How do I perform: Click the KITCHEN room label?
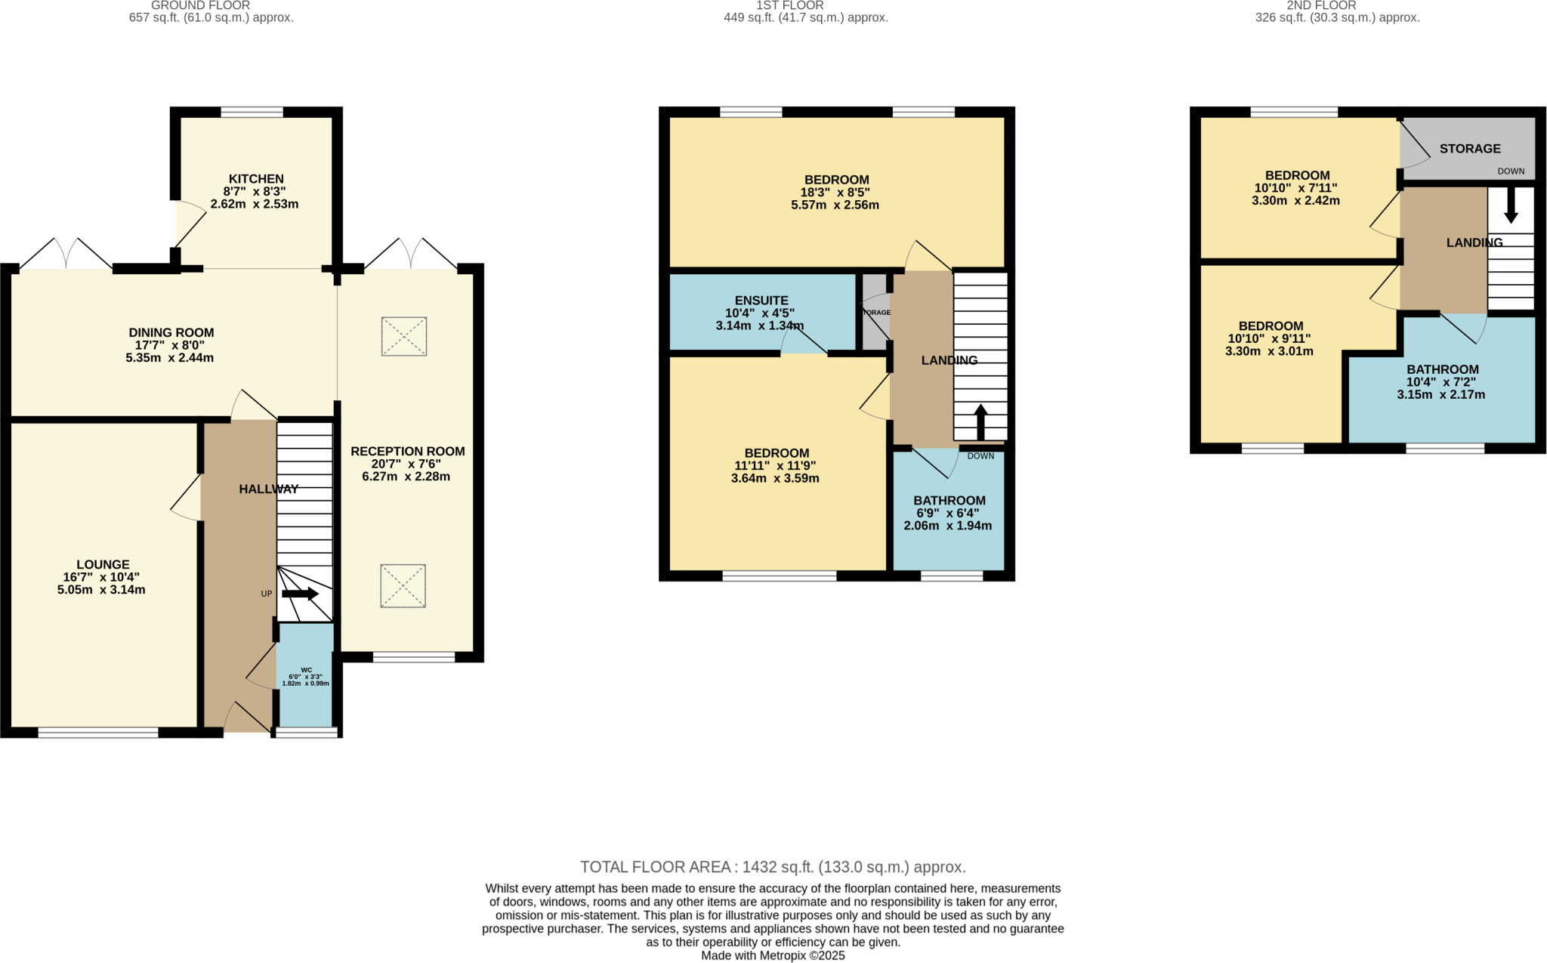256,179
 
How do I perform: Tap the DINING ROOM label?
171,332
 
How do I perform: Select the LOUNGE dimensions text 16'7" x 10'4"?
101,577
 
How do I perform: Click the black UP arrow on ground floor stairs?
300,594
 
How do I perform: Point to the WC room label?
306,670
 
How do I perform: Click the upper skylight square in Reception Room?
404,336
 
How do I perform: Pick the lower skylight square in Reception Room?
403,585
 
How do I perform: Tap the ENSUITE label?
761,300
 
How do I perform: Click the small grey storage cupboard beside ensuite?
874,312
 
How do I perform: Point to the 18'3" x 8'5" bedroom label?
835,192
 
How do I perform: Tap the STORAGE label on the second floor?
1469,149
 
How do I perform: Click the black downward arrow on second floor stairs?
1511,205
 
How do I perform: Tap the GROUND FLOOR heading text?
200,5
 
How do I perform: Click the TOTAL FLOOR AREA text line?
773,866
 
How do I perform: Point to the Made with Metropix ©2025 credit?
773,955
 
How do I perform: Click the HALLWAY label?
268,489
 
